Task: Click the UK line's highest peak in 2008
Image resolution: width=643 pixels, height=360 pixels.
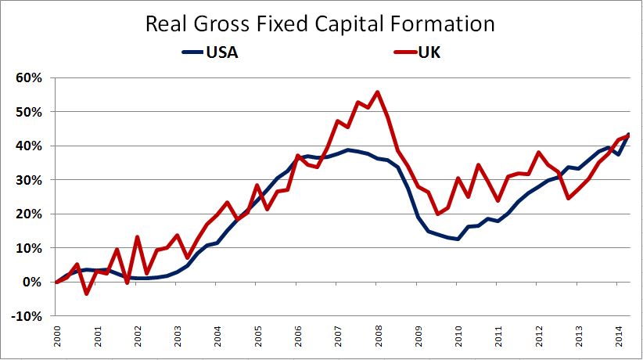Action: point(378,92)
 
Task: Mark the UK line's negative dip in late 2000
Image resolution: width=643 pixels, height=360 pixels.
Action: point(87,293)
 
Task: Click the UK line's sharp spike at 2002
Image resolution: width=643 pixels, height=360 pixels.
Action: point(137,237)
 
